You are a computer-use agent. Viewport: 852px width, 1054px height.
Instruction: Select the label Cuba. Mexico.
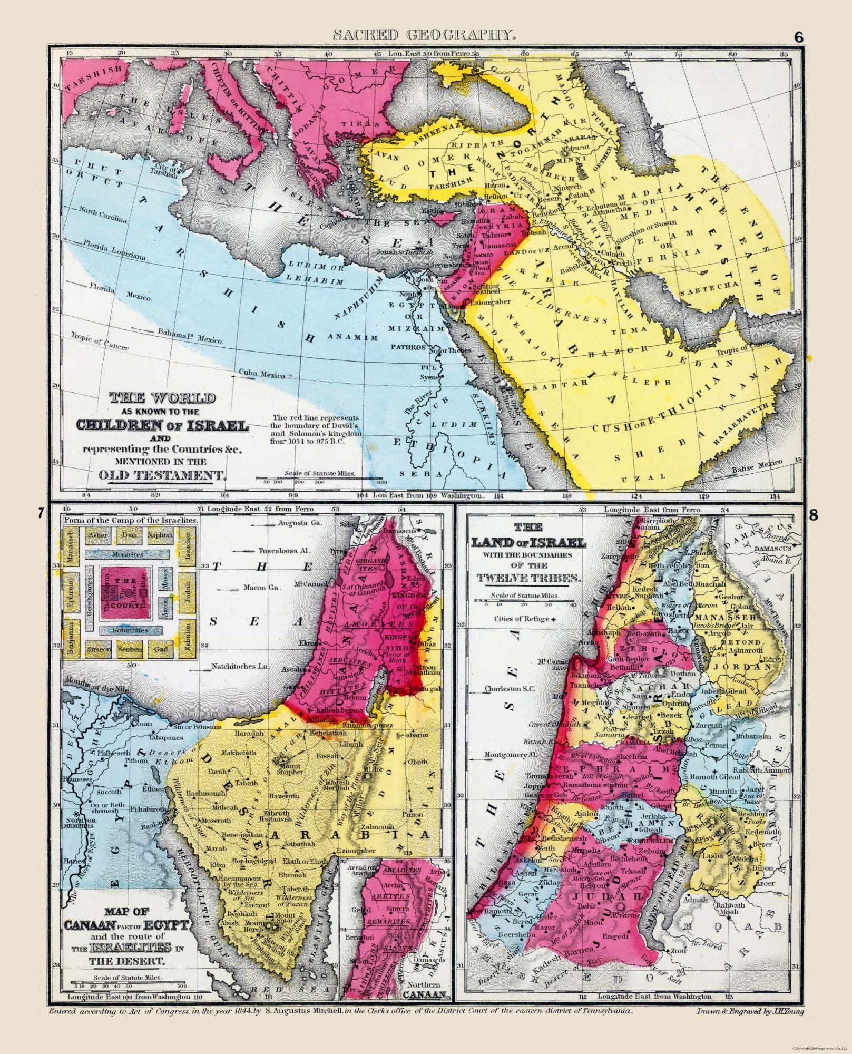[x=263, y=375]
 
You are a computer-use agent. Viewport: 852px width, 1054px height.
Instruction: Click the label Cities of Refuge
[x=522, y=619]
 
